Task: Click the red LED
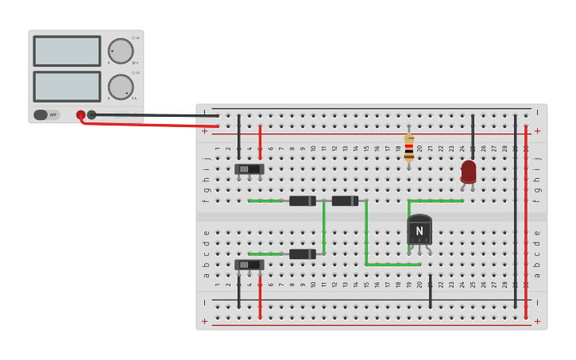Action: tap(469, 171)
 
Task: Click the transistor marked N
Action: tap(419, 230)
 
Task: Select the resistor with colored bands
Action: tap(409, 148)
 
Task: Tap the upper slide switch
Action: tap(249, 168)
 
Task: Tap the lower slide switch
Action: tap(249, 265)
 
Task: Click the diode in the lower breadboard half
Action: tap(303, 254)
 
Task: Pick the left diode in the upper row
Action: tap(303, 201)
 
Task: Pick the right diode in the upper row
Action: tap(345, 201)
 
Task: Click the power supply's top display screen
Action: tap(67, 51)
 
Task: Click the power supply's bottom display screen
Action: tap(67, 87)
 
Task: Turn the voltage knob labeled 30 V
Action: tap(121, 51)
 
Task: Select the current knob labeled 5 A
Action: tap(121, 87)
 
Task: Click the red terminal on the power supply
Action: tap(81, 115)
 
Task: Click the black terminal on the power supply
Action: tap(91, 114)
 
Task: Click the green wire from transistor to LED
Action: tap(437, 201)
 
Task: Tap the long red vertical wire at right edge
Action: tap(526, 223)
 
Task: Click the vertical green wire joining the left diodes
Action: tap(323, 227)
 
